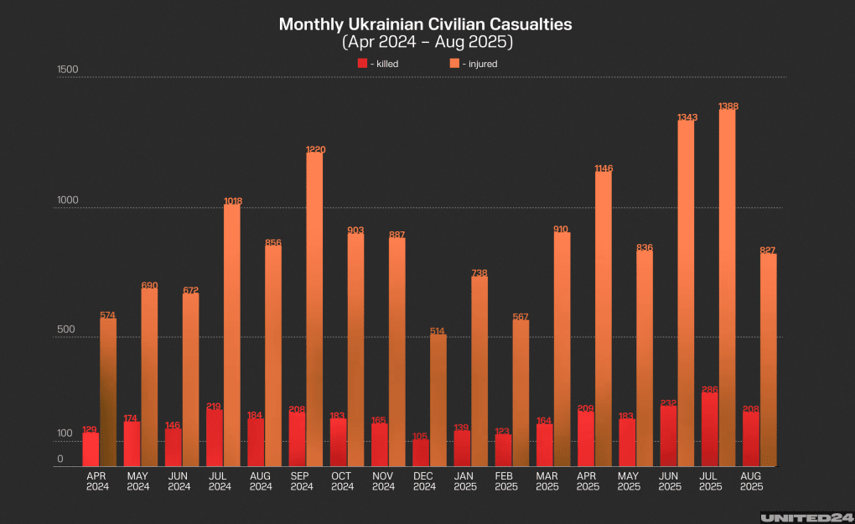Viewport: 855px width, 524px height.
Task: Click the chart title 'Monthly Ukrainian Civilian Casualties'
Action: (x=426, y=24)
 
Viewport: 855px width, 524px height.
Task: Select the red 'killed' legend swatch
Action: (x=361, y=64)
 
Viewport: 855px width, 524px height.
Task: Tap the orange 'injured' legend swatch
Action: (x=453, y=64)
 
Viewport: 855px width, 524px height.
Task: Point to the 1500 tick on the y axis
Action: (x=67, y=70)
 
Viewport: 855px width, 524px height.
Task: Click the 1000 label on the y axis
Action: (x=67, y=200)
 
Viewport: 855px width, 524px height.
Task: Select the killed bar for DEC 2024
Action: (x=420, y=453)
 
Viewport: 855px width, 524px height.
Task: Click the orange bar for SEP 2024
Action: (x=314, y=309)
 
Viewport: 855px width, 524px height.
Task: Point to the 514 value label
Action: (x=438, y=331)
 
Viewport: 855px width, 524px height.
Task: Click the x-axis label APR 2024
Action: (x=96, y=480)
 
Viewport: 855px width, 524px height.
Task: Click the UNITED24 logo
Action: (x=805, y=516)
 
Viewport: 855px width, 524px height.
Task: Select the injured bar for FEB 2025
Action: (x=521, y=393)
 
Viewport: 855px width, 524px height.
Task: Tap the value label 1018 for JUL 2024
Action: (x=232, y=200)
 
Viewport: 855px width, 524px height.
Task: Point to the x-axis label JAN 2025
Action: (x=465, y=480)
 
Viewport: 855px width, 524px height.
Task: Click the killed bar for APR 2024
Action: (x=91, y=449)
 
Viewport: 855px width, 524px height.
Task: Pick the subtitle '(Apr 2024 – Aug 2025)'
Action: (x=426, y=41)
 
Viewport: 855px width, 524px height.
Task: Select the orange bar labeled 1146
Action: (x=603, y=319)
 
